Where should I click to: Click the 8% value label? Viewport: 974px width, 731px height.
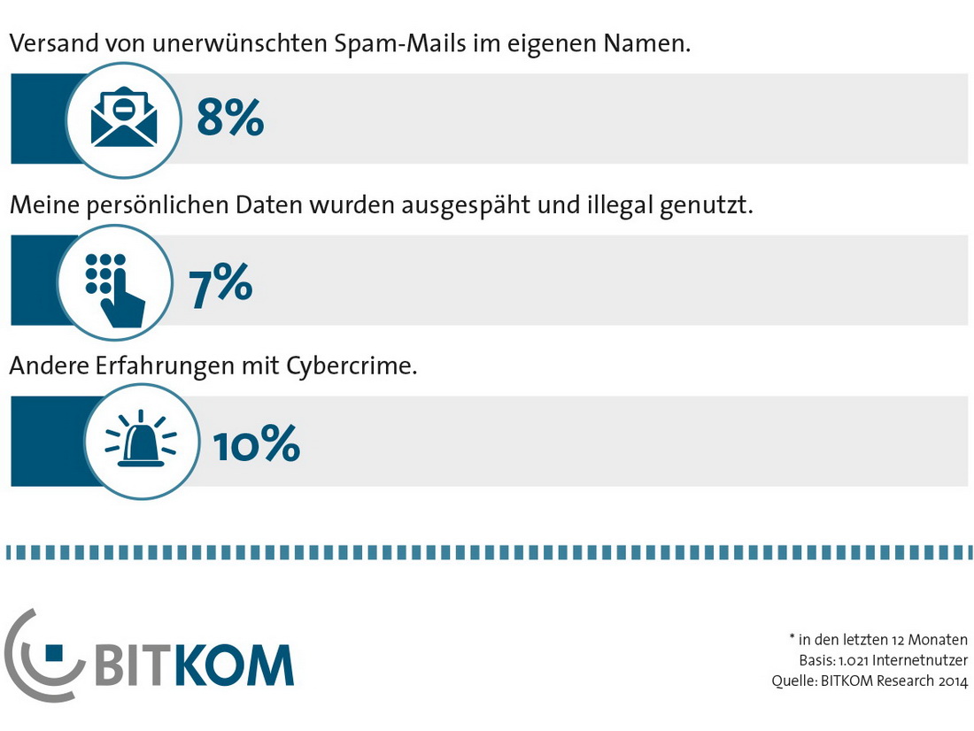pyautogui.click(x=230, y=118)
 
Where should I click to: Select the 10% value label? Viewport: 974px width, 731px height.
pyautogui.click(x=257, y=444)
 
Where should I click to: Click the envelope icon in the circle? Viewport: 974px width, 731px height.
pyautogui.click(x=124, y=119)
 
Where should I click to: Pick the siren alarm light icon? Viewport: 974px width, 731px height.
pyautogui.click(x=140, y=441)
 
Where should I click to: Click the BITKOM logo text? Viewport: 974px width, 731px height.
pyautogui.click(x=193, y=664)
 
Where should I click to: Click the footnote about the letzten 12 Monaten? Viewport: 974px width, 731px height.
pyautogui.click(x=878, y=639)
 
